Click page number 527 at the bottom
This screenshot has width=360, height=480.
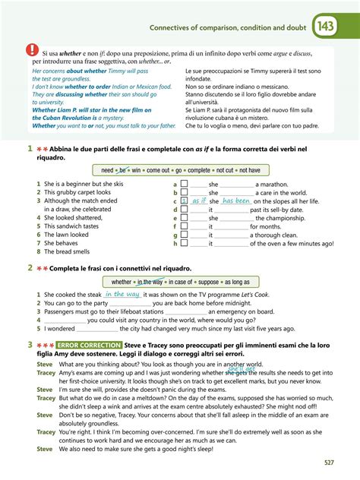click(329, 462)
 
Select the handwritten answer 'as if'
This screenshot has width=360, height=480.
click(199, 201)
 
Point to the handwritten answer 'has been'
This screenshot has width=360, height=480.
click(236, 201)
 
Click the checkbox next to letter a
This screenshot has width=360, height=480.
click(183, 184)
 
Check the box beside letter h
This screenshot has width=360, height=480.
click(183, 243)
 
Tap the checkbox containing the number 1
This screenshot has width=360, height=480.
click(183, 201)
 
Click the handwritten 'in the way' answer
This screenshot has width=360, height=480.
click(122, 294)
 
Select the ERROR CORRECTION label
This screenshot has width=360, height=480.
click(81, 346)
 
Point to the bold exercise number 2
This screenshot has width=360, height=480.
click(30, 268)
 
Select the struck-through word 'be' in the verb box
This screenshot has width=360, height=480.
click(124, 170)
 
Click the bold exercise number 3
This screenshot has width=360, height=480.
click(30, 346)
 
